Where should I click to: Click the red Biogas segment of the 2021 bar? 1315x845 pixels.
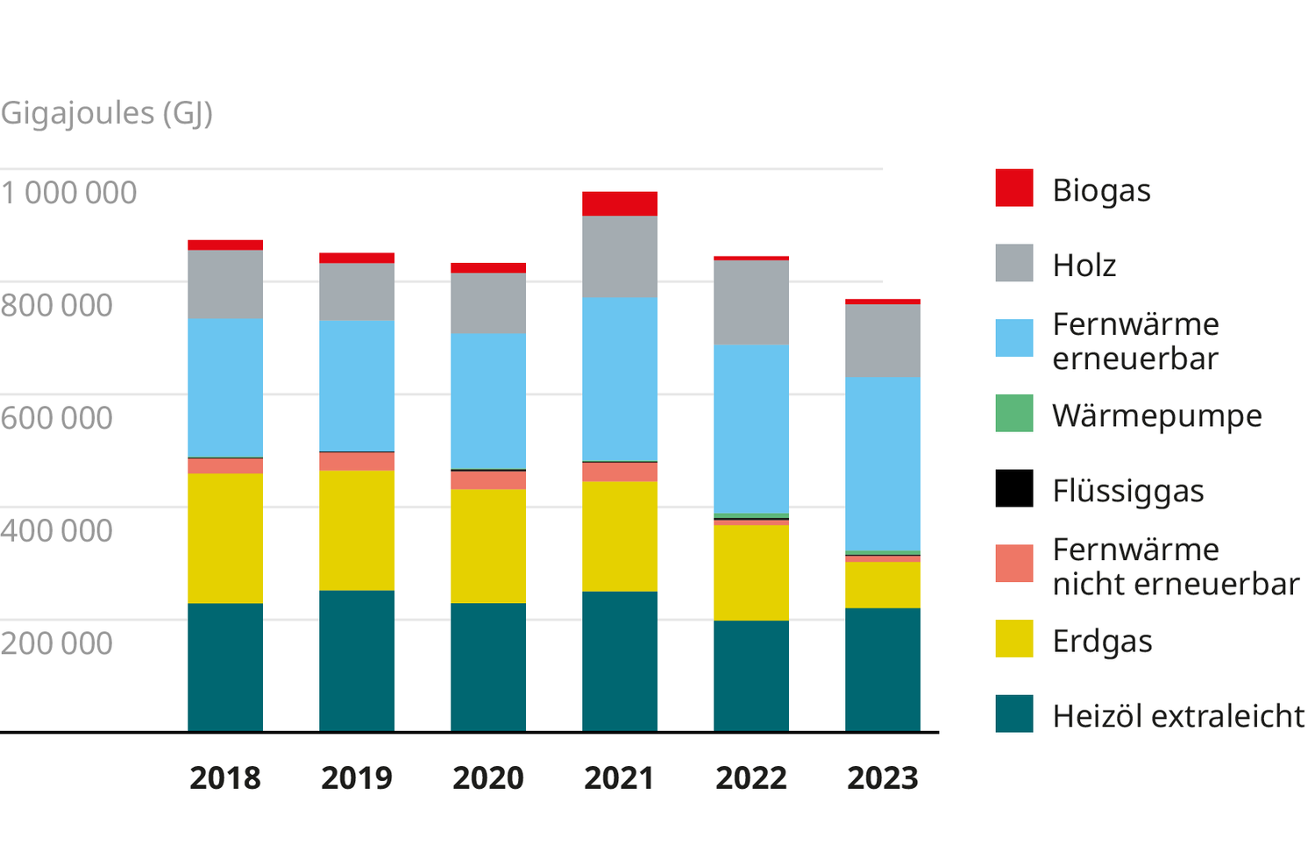pyautogui.click(x=620, y=203)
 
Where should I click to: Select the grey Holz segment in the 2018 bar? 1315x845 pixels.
pyautogui.click(x=225, y=284)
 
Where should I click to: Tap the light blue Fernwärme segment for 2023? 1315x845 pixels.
pyautogui.click(x=883, y=463)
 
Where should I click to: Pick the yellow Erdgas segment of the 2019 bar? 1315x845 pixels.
pyautogui.click(x=357, y=530)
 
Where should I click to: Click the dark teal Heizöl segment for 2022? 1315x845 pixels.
pyautogui.click(x=751, y=676)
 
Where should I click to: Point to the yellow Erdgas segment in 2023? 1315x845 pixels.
pyautogui.click(x=883, y=585)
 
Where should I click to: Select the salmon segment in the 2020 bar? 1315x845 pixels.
pyautogui.click(x=488, y=480)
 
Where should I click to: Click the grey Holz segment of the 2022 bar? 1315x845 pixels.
pyautogui.click(x=751, y=302)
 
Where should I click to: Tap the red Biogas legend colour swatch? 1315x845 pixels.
pyautogui.click(x=1014, y=188)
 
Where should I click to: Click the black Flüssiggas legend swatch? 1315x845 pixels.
pyautogui.click(x=1014, y=489)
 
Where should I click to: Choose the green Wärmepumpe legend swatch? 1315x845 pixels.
pyautogui.click(x=1014, y=414)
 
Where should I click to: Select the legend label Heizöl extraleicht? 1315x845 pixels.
pyautogui.click(x=1178, y=716)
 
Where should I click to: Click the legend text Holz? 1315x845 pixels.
pyautogui.click(x=1084, y=265)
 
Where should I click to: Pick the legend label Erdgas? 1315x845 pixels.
pyautogui.click(x=1102, y=642)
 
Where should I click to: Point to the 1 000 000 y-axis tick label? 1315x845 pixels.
pyautogui.click(x=69, y=193)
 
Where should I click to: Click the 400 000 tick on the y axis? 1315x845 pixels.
pyautogui.click(x=57, y=530)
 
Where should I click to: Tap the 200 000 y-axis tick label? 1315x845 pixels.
pyautogui.click(x=57, y=643)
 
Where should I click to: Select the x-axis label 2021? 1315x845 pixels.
pyautogui.click(x=620, y=778)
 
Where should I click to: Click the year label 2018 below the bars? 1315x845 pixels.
pyautogui.click(x=225, y=778)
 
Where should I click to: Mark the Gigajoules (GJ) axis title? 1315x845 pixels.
pyautogui.click(x=107, y=113)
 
